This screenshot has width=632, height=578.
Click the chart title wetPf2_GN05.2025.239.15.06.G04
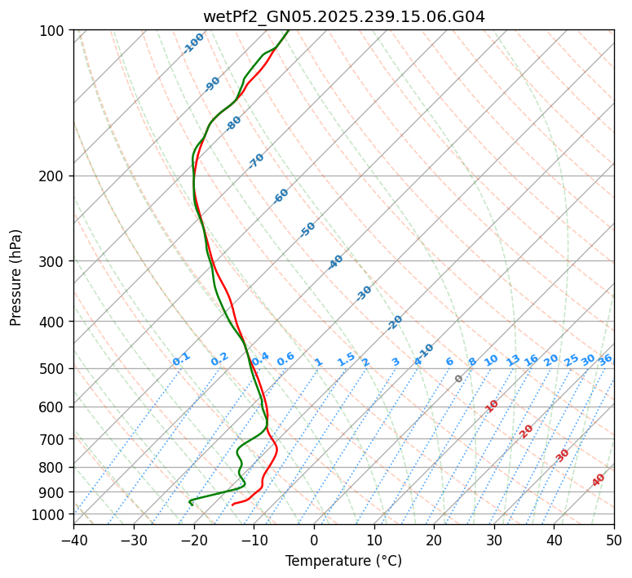click(343, 16)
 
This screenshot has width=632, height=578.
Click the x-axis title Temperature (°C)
click(343, 561)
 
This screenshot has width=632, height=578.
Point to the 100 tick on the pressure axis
click(54, 31)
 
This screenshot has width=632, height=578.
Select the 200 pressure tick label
click(54, 176)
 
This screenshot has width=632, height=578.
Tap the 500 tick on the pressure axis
click(54, 369)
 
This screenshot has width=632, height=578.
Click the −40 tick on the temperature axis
click(73, 540)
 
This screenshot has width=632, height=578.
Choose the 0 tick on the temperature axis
click(314, 540)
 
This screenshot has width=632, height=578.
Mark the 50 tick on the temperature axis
click(614, 540)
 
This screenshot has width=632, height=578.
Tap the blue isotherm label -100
click(194, 43)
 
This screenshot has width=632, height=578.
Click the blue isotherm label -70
click(256, 161)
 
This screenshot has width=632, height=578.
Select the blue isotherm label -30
click(364, 293)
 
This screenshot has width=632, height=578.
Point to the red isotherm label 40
click(599, 480)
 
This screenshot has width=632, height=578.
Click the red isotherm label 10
click(492, 406)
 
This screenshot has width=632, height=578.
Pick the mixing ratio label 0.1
click(181, 359)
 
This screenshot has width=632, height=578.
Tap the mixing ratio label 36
click(605, 359)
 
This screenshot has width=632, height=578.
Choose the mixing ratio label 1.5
click(346, 359)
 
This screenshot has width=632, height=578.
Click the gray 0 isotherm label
click(459, 379)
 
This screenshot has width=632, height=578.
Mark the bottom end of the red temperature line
click(232, 504)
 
